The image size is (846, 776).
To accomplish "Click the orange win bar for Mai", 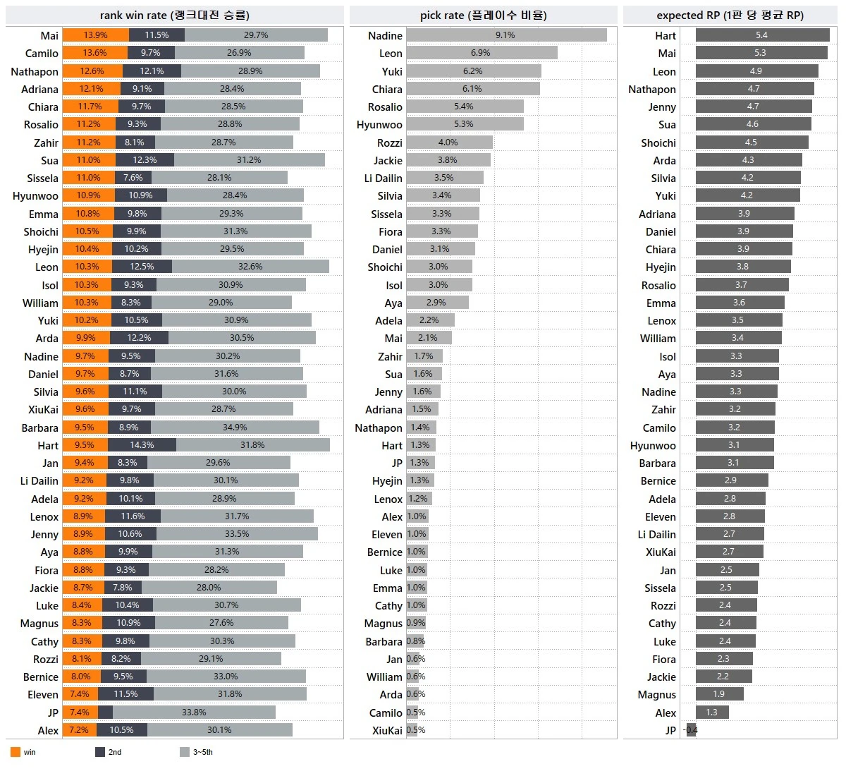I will [x=95, y=35].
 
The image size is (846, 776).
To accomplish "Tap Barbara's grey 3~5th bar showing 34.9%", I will [x=235, y=428].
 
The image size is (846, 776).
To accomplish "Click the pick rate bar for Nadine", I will [x=506, y=35].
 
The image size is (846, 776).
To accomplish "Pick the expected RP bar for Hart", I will [x=762, y=35].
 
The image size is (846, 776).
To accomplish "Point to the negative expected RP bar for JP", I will [x=691, y=730].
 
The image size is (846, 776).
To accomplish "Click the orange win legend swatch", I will [x=16, y=752].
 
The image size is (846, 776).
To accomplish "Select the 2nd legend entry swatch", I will [x=100, y=752].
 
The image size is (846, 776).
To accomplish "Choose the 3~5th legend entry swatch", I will [x=185, y=752].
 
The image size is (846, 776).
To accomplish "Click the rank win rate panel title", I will [x=174, y=15].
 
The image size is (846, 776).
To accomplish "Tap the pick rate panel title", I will [x=483, y=15].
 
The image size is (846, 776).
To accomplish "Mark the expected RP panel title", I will [x=730, y=15].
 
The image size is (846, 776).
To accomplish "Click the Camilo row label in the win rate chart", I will [x=42, y=54].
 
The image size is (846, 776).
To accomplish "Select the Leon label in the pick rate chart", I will [x=391, y=54].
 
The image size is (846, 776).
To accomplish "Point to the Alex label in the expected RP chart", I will [x=666, y=713].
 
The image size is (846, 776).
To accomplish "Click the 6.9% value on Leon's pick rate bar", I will [x=480, y=53].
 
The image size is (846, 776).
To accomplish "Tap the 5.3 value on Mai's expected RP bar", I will [x=760, y=53].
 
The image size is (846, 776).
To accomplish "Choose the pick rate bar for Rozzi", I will [x=449, y=143].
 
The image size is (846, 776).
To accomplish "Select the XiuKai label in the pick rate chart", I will [x=387, y=731].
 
